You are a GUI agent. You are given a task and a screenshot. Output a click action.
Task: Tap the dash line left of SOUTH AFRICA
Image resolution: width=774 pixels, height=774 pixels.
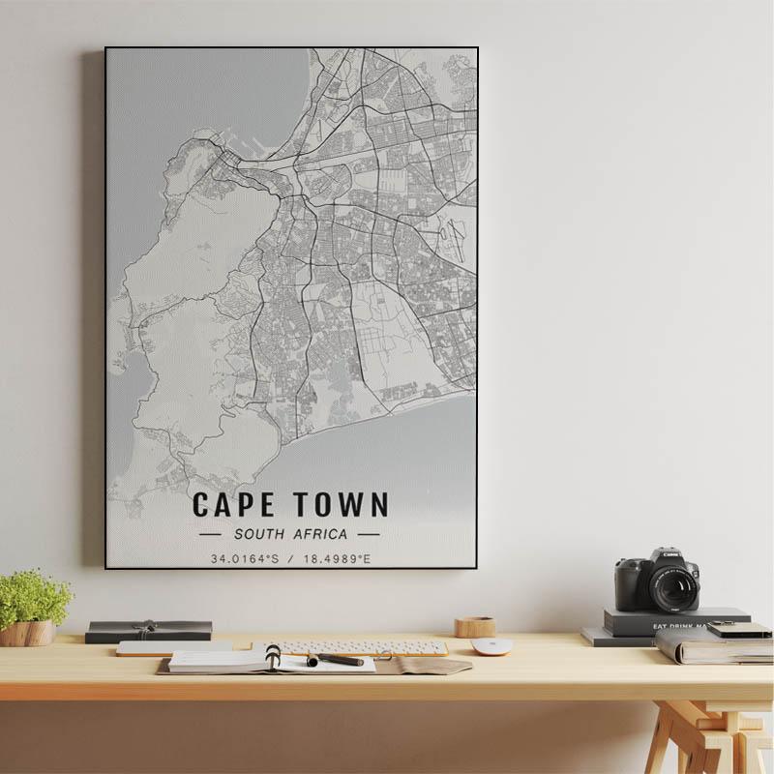pos(210,534)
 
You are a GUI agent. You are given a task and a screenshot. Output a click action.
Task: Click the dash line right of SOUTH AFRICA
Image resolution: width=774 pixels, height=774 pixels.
pos(369,534)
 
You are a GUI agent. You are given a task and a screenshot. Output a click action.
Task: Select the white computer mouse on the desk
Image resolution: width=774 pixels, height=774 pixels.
pos(491,646)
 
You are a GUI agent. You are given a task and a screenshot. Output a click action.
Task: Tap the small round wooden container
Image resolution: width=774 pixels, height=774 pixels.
pos(475,627)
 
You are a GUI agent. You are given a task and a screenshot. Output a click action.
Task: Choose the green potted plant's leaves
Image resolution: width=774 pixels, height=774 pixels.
pos(34,597)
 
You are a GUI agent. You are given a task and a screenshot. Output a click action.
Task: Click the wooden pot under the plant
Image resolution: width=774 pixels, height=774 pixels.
pos(27,634)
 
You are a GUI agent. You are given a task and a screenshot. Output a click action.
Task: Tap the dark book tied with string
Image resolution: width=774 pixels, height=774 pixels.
pos(148,631)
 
